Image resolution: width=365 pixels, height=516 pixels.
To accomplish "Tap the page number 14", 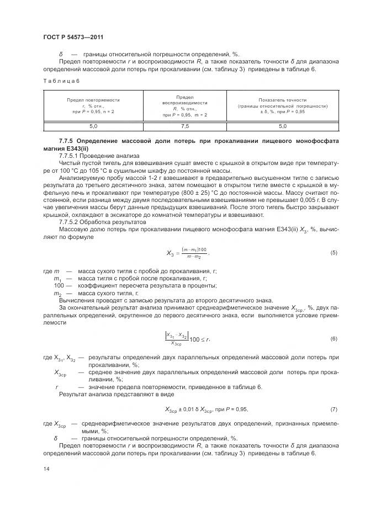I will click(x=46, y=468).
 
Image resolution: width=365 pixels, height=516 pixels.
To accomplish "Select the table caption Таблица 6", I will click(x=61, y=81).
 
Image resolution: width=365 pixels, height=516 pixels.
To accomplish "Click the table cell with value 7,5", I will click(x=184, y=126).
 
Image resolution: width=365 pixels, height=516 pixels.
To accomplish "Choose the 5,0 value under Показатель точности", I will click(x=282, y=126).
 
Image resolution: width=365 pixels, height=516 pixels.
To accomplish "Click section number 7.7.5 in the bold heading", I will click(x=68, y=142).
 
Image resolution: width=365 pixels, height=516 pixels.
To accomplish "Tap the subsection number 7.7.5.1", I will click(x=71, y=156).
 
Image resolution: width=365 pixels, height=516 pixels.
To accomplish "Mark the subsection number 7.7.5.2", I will click(x=71, y=222).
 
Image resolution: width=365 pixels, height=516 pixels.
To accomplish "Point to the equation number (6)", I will click(x=333, y=338).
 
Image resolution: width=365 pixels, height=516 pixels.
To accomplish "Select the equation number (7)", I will click(x=333, y=409).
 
